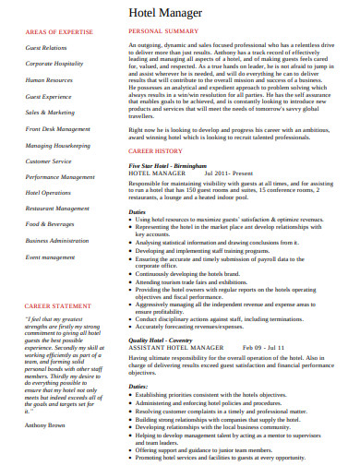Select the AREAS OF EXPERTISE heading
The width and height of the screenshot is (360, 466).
click(58, 31)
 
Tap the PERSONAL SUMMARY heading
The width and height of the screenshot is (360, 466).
click(163, 31)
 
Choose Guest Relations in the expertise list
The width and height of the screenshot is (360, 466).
click(46, 47)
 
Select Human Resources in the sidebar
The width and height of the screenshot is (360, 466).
click(50, 80)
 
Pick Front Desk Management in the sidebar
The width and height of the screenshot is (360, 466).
click(58, 129)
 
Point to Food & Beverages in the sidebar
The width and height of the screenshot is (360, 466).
click(50, 224)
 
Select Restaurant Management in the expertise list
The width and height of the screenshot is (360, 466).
click(58, 209)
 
